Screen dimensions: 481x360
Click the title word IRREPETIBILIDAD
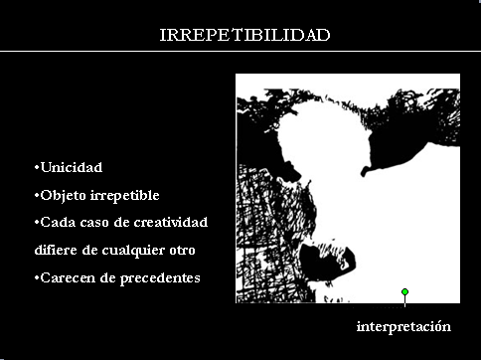244,35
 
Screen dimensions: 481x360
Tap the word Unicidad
72,167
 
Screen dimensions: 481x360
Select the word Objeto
63,196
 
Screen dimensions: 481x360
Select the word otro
182,251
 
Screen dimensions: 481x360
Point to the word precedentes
160,278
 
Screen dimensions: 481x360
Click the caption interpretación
403,327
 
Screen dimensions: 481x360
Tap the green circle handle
404,292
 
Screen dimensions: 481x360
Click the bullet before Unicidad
37,167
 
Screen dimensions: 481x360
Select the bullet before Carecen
37,277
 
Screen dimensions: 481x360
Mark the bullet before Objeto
37,195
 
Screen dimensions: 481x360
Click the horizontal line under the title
240,51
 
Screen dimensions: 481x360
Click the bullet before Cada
37,222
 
